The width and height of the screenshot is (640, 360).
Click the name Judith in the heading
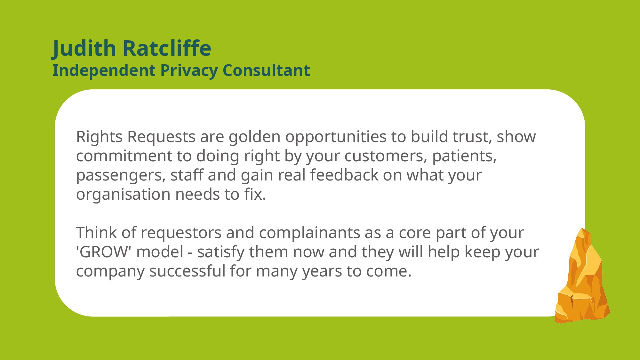click(x=84, y=49)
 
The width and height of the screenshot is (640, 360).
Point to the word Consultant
click(x=266, y=70)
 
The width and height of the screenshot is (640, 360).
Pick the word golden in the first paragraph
click(x=254, y=137)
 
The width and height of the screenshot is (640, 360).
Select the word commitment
click(x=124, y=156)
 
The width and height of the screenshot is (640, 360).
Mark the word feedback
click(x=344, y=175)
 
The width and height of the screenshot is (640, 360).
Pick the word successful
click(x=187, y=271)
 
